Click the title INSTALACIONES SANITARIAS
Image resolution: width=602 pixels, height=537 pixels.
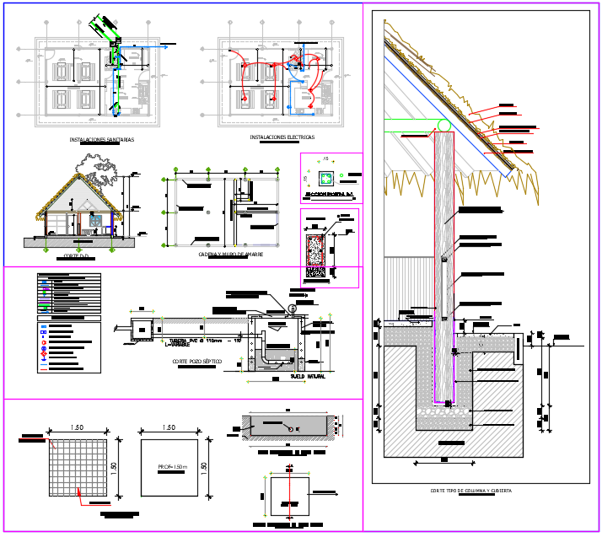[x=101, y=140]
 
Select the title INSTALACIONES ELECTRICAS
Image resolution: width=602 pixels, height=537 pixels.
[x=282, y=137]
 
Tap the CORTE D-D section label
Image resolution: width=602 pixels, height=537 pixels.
[x=77, y=255]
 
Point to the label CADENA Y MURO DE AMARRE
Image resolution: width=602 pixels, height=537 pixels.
[x=230, y=254]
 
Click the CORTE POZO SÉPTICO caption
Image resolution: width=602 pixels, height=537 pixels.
[x=196, y=362]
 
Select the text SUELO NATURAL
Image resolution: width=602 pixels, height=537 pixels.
[x=308, y=376]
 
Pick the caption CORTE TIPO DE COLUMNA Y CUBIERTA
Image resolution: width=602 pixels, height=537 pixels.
[x=470, y=491]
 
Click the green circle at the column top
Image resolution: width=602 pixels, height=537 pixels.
[x=443, y=126]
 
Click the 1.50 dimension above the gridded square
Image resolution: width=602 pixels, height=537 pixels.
[x=77, y=427]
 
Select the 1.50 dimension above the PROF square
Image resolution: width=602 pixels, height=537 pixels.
[x=169, y=427]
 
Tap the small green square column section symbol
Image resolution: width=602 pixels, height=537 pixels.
[x=326, y=178]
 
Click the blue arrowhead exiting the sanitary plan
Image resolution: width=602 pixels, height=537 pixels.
[x=165, y=46]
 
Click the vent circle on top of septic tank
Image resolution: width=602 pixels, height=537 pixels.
[x=293, y=309]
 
